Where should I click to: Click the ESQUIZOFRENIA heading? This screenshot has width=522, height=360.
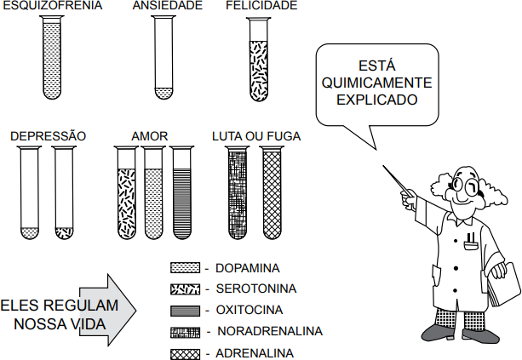point(52,5)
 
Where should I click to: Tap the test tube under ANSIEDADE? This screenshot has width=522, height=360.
point(163,57)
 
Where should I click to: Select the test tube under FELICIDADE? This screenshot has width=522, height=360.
point(259,59)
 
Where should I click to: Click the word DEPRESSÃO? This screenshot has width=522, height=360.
point(49,136)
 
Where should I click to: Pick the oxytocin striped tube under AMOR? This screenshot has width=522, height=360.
point(182,192)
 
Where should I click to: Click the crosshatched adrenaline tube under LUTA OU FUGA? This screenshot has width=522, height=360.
point(272,192)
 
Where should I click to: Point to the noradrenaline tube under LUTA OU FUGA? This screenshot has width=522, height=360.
point(238,192)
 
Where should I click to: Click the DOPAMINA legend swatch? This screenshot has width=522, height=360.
point(185,268)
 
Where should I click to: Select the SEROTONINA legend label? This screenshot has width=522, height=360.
point(256,289)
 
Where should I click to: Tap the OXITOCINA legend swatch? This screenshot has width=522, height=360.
point(185,311)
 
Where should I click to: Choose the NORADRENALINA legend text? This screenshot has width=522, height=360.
point(270,331)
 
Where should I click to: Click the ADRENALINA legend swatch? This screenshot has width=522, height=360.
point(185,354)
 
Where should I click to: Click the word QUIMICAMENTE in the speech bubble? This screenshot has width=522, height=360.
point(377,83)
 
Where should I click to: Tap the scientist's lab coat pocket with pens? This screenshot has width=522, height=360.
point(471,243)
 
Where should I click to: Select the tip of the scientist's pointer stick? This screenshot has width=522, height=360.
point(383,166)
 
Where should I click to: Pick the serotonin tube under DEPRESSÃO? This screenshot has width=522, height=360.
point(64,192)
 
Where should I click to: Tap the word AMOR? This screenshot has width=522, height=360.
point(150,136)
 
